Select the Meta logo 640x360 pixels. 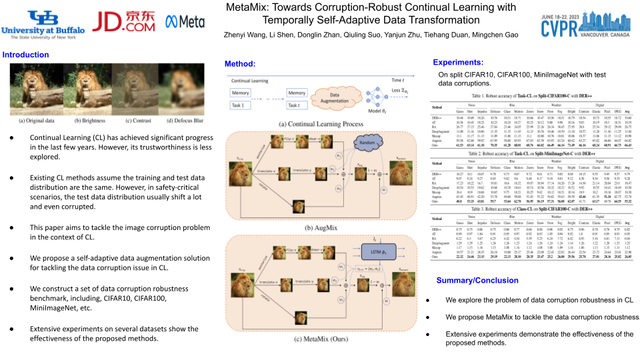185,22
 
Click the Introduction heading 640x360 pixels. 26,55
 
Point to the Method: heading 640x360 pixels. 240,63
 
